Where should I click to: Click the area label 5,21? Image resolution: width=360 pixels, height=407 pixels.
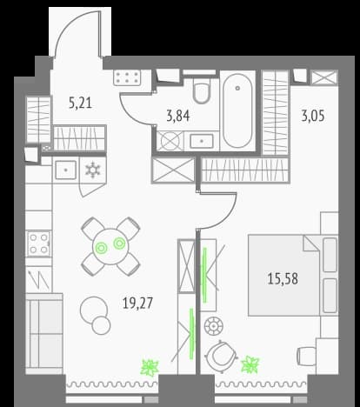click(80, 103)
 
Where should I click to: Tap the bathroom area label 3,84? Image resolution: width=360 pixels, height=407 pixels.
click(178, 116)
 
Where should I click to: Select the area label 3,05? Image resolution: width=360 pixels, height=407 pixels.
click(313, 117)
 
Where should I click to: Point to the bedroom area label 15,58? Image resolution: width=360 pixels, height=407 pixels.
click(283, 279)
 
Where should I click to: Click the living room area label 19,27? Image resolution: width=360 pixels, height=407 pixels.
click(137, 304)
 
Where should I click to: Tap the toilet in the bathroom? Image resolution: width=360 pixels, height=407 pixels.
click(202, 90)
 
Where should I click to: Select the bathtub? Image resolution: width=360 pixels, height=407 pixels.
click(237, 110)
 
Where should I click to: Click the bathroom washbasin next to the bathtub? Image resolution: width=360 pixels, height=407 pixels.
click(202, 141)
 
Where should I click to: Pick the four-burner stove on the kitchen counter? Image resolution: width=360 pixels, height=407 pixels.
click(39, 244)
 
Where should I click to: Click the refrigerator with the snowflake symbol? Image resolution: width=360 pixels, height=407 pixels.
click(93, 170)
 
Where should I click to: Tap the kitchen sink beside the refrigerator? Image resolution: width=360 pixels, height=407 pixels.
click(66, 170)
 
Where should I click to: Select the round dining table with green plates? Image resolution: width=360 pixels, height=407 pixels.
click(110, 247)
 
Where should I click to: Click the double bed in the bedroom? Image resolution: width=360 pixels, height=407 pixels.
click(293, 275)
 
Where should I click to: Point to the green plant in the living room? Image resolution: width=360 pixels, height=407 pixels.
click(150, 368)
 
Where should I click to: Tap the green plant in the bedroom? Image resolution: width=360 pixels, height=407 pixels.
click(250, 364)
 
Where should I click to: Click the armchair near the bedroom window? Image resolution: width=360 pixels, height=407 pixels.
click(222, 356)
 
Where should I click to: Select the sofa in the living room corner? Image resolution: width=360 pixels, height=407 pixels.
click(44, 334)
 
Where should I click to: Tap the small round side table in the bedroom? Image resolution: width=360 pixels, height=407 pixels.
click(214, 326)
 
